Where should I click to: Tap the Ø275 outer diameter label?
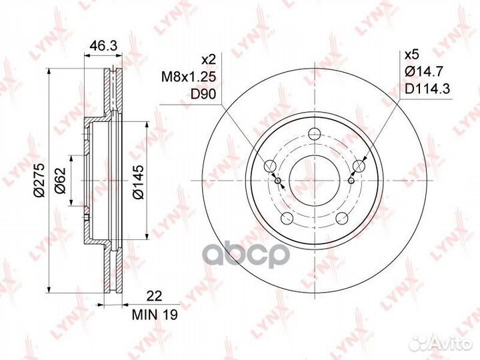(39, 180)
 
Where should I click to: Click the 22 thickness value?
(154, 296)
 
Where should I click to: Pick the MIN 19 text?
(155, 315)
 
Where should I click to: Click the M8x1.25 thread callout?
(189, 77)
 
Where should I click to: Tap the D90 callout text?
(203, 94)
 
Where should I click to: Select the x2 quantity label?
(209, 59)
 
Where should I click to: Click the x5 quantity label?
(411, 55)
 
